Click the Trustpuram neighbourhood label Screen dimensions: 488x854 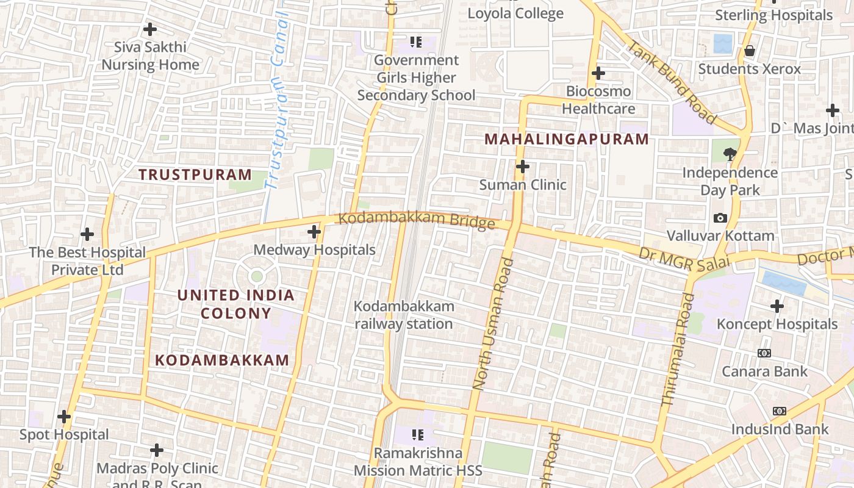coord(195,174)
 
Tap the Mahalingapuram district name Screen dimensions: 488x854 coord(567,139)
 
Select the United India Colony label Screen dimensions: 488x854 coord(235,304)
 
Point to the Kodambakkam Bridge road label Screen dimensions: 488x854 coord(417,220)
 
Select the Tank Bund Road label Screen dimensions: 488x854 coord(672,81)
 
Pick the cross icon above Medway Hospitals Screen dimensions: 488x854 coord(314,232)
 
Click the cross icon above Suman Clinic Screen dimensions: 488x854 coord(522,167)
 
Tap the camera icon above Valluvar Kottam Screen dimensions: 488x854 coord(720,218)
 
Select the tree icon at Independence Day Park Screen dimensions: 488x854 coord(730,154)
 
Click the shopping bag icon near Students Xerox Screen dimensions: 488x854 coord(750,51)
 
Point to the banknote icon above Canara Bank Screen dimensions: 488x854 coord(764,353)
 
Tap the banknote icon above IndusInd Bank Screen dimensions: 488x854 coord(780,411)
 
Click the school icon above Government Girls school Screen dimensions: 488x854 coord(416,42)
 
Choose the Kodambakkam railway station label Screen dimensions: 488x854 coord(404,315)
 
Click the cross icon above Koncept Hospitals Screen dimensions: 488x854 coord(777,306)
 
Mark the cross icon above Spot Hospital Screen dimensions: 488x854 coord(64,417)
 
